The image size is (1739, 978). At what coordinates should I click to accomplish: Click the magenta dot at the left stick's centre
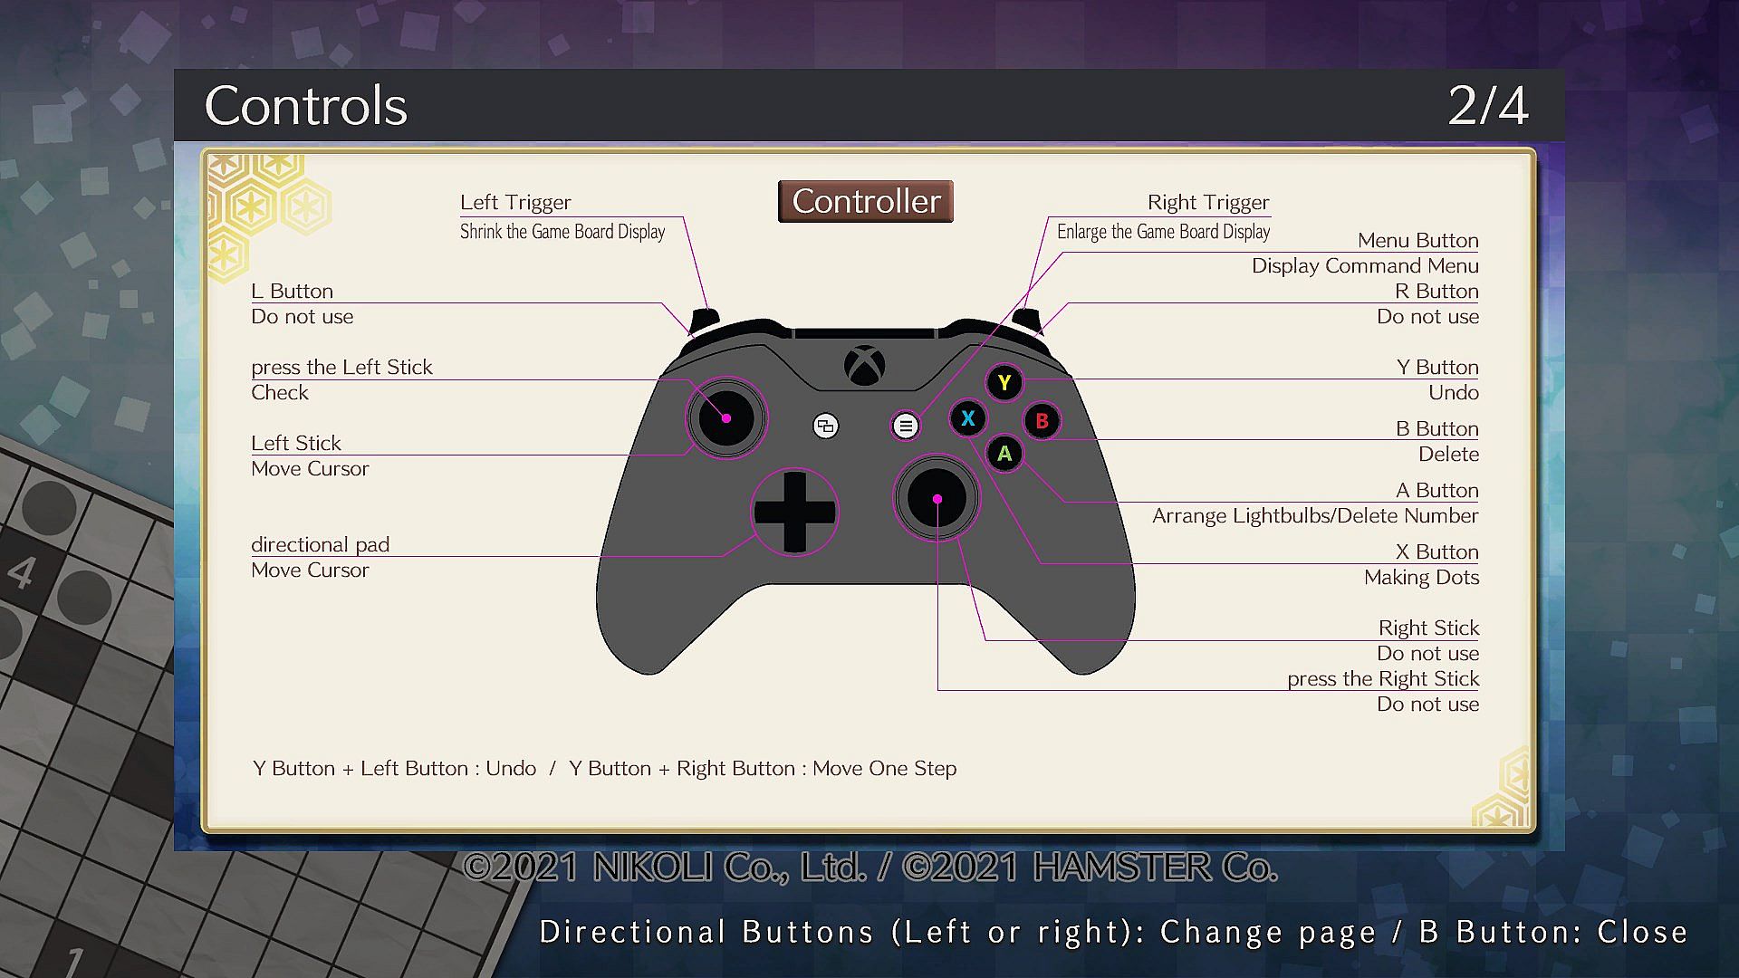coord(726,418)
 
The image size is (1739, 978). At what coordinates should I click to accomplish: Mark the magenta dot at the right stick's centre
coord(937,499)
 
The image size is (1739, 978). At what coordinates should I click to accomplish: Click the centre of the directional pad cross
coord(794,513)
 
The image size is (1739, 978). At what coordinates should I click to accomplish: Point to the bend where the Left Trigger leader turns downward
coord(683,217)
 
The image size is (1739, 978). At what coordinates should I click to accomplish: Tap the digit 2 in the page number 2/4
coord(1464,106)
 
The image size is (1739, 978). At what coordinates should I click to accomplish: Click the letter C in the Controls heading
coord(223,106)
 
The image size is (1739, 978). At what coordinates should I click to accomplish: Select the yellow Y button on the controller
coord(1004,383)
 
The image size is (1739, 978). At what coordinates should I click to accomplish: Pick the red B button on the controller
coord(1042,421)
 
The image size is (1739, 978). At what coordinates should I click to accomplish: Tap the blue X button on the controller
coord(967,418)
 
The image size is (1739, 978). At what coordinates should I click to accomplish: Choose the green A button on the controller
coord(1004,454)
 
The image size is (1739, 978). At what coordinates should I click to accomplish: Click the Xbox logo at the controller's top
coord(865,366)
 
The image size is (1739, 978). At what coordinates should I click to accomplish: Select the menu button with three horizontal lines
coord(905,426)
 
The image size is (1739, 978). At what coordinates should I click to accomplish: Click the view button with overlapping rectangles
coord(825,426)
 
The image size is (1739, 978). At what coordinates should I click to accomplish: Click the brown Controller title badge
coord(866,201)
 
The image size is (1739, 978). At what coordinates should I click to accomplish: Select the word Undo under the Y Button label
coord(1454,393)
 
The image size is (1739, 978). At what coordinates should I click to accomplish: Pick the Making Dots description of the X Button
coord(1422,578)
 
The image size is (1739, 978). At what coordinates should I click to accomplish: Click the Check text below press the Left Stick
coord(280,393)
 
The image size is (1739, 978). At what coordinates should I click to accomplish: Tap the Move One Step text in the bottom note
coord(884,769)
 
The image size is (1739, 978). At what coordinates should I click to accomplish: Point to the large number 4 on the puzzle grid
coord(22,572)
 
